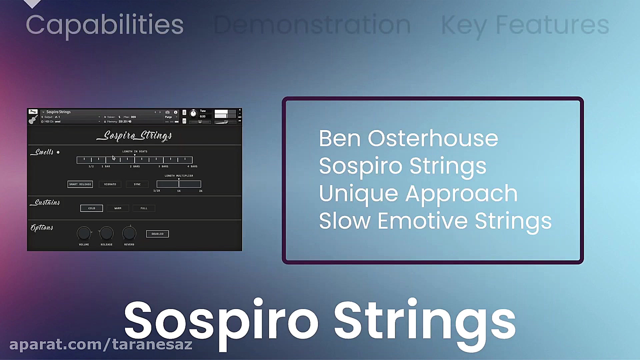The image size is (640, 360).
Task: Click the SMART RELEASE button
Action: (x=80, y=184)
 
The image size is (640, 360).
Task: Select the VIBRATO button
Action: (x=110, y=184)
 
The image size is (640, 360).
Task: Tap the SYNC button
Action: (x=137, y=184)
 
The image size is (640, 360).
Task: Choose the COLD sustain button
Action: (x=92, y=208)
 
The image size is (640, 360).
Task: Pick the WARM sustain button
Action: (x=118, y=208)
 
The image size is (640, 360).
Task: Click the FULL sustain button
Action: (x=144, y=208)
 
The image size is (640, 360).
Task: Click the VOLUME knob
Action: (x=84, y=233)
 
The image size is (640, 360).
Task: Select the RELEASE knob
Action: (x=107, y=233)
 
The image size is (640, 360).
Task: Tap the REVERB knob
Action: (x=129, y=233)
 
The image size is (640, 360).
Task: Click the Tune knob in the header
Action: (x=193, y=114)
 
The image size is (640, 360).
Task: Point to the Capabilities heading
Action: (x=105, y=25)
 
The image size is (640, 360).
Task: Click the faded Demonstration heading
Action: (x=312, y=25)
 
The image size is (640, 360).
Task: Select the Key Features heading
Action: (x=525, y=25)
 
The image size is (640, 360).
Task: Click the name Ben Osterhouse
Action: (x=408, y=139)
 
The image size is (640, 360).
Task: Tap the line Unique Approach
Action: (x=418, y=194)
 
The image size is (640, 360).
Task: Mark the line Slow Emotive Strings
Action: (x=435, y=221)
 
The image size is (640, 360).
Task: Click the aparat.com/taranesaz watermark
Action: (x=101, y=344)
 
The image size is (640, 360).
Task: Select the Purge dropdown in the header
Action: (x=171, y=117)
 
